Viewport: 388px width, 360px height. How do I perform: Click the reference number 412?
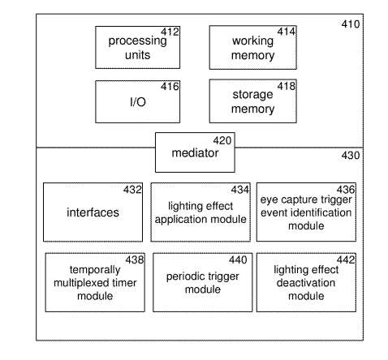point(170,32)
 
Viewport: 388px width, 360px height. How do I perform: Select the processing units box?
point(137,47)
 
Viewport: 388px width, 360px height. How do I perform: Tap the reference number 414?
point(287,32)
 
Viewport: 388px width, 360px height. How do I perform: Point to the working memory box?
point(253,48)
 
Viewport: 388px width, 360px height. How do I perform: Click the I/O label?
point(138,102)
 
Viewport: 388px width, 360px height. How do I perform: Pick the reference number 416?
point(170,87)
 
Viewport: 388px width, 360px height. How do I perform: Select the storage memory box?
point(253,101)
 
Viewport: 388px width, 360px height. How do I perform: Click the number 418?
point(287,86)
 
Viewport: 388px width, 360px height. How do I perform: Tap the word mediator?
point(195,153)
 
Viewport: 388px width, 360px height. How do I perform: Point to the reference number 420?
point(222,140)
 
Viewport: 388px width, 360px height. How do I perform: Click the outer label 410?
point(351,24)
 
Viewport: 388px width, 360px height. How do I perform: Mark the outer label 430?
point(351,156)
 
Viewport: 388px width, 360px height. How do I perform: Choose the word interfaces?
point(93,212)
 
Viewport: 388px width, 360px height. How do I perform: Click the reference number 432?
point(132,190)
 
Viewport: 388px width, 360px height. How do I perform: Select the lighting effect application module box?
point(200,212)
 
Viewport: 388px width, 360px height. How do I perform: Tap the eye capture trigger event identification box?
point(306,212)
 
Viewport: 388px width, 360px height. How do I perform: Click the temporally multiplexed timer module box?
point(95,282)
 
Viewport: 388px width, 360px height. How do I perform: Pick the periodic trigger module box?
point(203,282)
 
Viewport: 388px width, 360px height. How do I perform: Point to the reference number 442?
point(346,259)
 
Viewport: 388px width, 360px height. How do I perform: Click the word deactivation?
point(306,283)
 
